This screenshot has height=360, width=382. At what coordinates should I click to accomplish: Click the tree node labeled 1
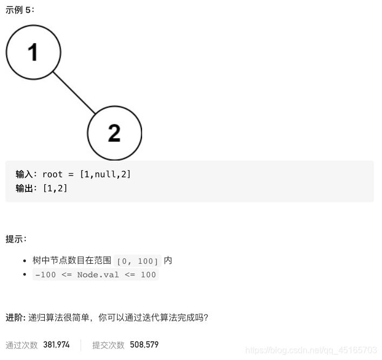pyautogui.click(x=33, y=52)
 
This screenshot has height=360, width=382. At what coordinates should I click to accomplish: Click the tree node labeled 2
pyautogui.click(x=114, y=132)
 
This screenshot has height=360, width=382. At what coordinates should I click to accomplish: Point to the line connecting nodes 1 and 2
pyautogui.click(x=74, y=92)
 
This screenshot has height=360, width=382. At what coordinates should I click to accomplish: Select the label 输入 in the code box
pyautogui.click(x=25, y=174)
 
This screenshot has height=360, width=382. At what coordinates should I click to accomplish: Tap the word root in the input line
pyautogui.click(x=52, y=174)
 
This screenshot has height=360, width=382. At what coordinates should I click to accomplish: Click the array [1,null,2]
pyautogui.click(x=105, y=174)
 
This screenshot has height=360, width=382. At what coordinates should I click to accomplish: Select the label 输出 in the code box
pyautogui.click(x=25, y=188)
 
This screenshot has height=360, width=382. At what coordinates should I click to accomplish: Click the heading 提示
pyautogui.click(x=16, y=238)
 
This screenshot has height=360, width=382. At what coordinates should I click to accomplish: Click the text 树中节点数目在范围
pyautogui.click(x=72, y=261)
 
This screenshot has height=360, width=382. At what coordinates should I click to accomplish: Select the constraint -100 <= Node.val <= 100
pyautogui.click(x=96, y=275)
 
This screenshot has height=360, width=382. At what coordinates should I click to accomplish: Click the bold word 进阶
pyautogui.click(x=15, y=317)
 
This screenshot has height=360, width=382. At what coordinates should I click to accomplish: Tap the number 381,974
pyautogui.click(x=57, y=345)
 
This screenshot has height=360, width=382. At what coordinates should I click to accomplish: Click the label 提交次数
pyautogui.click(x=108, y=345)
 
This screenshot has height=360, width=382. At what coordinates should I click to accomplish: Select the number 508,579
pyautogui.click(x=144, y=345)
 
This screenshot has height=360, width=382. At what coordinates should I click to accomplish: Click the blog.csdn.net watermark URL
pyautogui.click(x=310, y=350)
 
